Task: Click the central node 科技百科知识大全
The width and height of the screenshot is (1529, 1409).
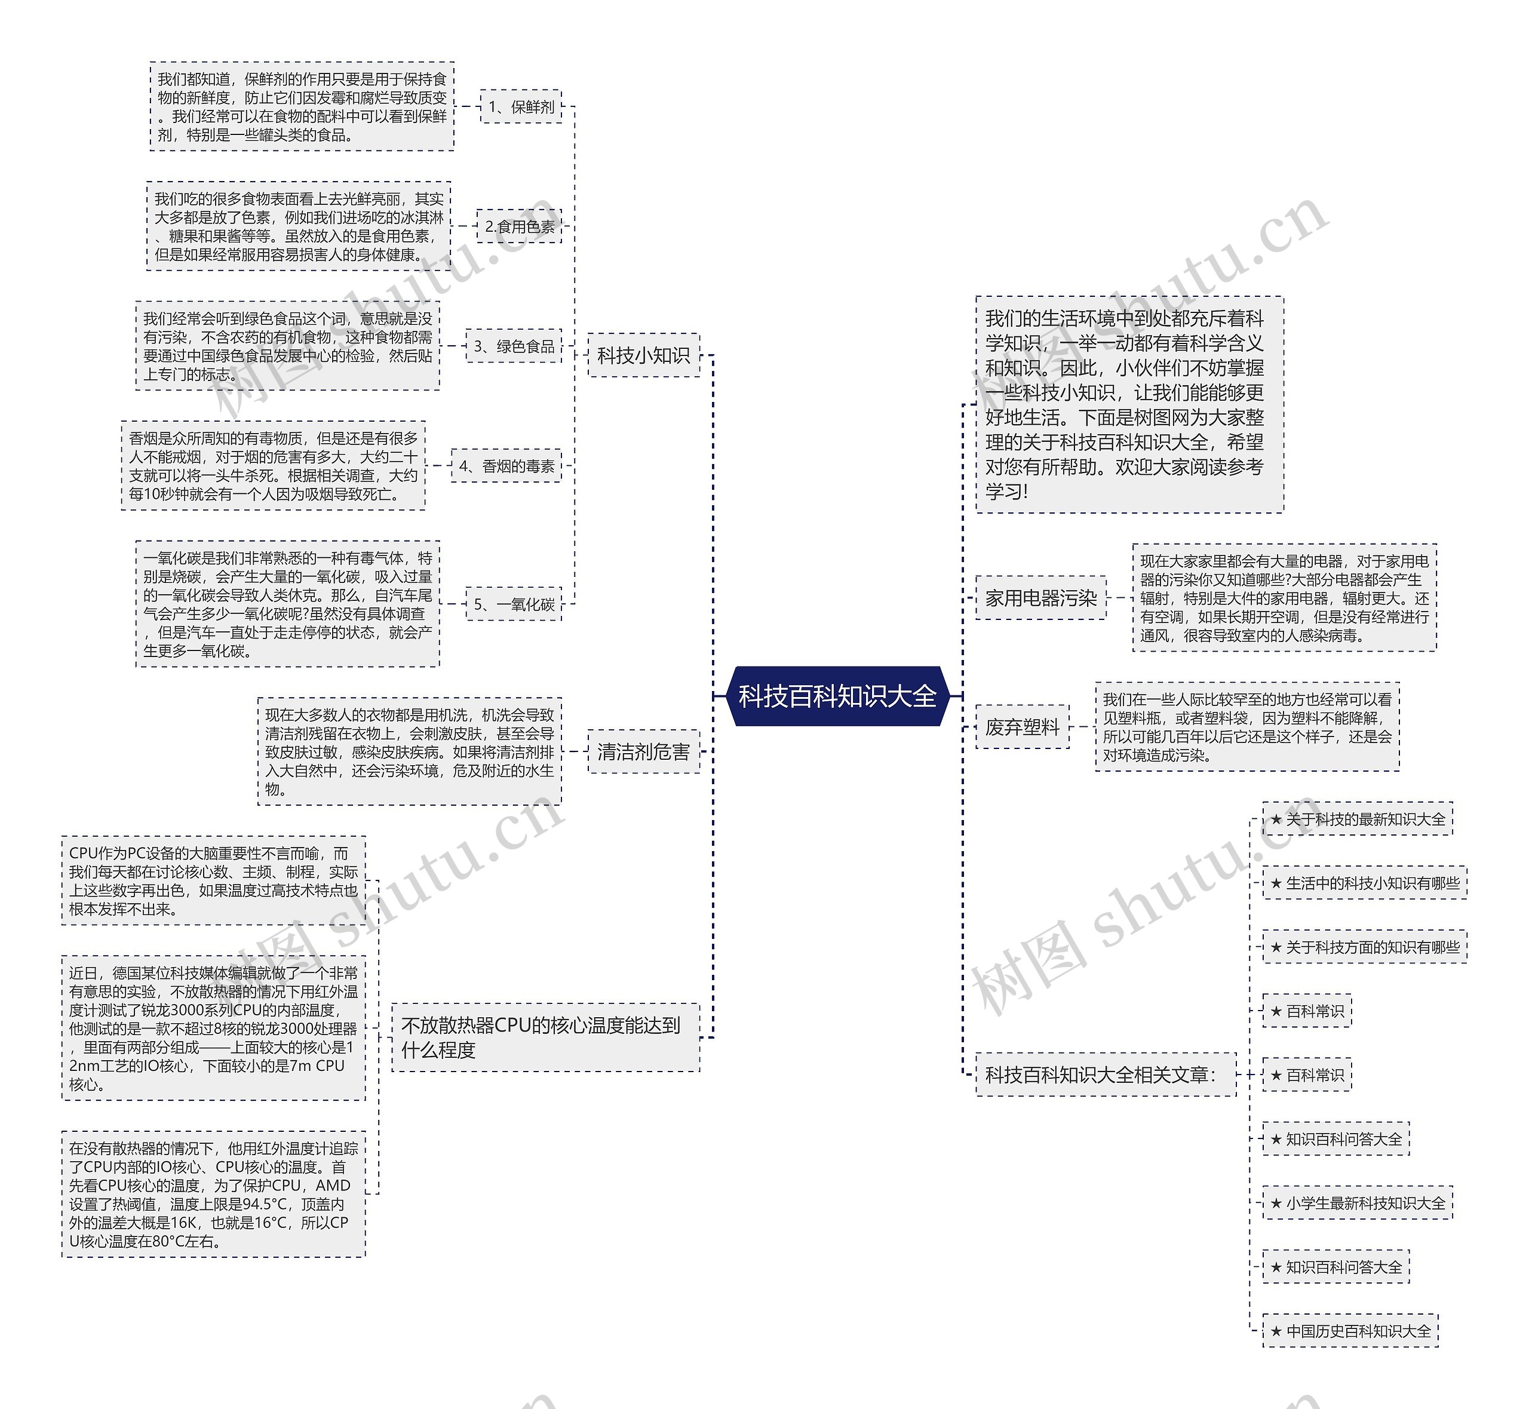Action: pyautogui.click(x=837, y=695)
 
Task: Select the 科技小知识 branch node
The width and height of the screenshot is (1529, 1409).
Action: pyautogui.click(x=643, y=355)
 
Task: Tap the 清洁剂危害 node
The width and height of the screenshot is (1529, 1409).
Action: pyautogui.click(x=643, y=752)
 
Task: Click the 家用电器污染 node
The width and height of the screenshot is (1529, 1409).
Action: pyautogui.click(x=1040, y=598)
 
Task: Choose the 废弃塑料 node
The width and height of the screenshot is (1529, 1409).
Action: pyautogui.click(x=1022, y=727)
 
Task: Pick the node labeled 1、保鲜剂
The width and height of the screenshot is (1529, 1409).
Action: pyautogui.click(x=521, y=107)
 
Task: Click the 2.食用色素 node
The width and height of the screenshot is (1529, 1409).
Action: pyautogui.click(x=519, y=226)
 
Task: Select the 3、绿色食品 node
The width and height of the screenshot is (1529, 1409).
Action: pyautogui.click(x=514, y=346)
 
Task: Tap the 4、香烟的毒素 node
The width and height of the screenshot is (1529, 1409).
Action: pyautogui.click(x=506, y=466)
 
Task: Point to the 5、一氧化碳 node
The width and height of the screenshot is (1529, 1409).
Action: pyautogui.click(x=514, y=604)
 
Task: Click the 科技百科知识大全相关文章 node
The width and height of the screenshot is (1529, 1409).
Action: pyautogui.click(x=1105, y=1075)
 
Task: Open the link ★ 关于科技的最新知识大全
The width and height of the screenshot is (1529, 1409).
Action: pyautogui.click(x=1358, y=819)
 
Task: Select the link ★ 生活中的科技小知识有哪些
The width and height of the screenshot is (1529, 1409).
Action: pyautogui.click(x=1364, y=883)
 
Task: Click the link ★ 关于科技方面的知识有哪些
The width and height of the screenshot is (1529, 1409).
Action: pyautogui.click(x=1364, y=947)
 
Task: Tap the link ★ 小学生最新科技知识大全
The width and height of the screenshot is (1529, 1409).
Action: pyautogui.click(x=1358, y=1203)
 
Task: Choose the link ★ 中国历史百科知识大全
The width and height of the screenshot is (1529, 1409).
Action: pyautogui.click(x=1350, y=1331)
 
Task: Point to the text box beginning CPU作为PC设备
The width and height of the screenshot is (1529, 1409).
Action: pyautogui.click(x=213, y=880)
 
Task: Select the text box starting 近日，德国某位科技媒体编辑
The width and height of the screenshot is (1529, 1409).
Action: pyautogui.click(x=213, y=1028)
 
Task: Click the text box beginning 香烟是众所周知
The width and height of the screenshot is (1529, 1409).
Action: pyautogui.click(x=274, y=466)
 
